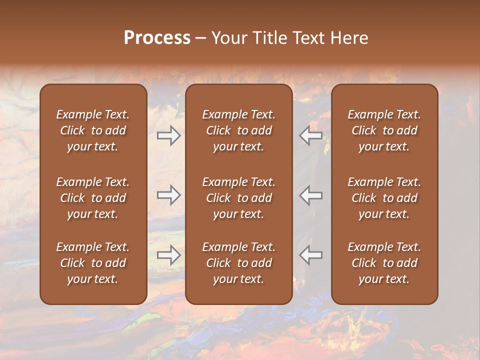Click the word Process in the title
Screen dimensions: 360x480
tap(157, 38)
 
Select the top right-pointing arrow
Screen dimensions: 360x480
tap(168, 135)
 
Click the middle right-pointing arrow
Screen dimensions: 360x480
tap(168, 195)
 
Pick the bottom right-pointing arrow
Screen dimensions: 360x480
tap(168, 255)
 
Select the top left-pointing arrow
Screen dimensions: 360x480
tap(311, 135)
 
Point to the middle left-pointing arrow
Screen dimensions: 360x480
tap(311, 195)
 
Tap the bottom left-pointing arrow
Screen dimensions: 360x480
tap(311, 255)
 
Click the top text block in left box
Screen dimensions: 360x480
tap(93, 130)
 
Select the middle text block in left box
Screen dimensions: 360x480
tap(93, 198)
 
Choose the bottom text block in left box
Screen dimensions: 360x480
tap(93, 263)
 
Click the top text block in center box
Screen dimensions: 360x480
tap(238, 130)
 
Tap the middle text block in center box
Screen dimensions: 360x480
tap(238, 198)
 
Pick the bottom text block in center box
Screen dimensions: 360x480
tap(238, 263)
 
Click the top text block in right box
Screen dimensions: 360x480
tap(384, 130)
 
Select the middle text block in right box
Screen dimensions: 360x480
tap(384, 198)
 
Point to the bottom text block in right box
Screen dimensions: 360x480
tap(384, 263)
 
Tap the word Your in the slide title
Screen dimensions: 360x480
tap(227, 38)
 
